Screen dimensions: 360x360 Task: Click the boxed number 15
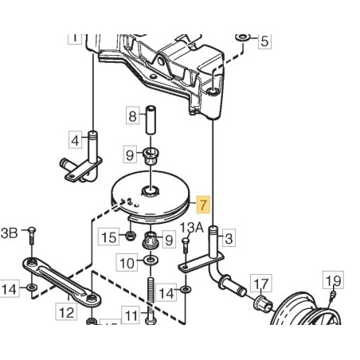[107, 236]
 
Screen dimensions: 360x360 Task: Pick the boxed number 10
[126, 261]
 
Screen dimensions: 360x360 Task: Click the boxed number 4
[76, 140]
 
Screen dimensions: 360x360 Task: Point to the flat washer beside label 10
[150, 261]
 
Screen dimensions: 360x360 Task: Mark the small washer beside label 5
[241, 37]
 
